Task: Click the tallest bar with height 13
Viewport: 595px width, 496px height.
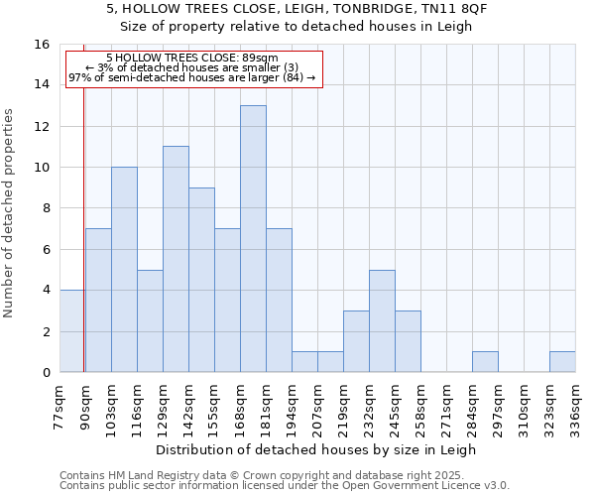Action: tap(253, 239)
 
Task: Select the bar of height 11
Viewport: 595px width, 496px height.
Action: tap(176, 259)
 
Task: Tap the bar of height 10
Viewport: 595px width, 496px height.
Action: tap(124, 270)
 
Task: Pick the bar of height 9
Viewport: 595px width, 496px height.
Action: tap(201, 280)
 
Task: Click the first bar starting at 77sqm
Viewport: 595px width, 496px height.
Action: tap(71, 331)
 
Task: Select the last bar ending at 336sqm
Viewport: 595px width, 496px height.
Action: tap(562, 362)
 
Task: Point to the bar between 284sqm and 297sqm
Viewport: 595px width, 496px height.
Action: tap(485, 362)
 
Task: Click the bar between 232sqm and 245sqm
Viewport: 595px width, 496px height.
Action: tap(382, 321)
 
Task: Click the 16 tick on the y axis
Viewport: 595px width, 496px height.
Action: tap(43, 45)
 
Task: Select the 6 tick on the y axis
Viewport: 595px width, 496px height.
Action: tap(46, 250)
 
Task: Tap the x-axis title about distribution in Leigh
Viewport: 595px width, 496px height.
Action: tap(316, 449)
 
